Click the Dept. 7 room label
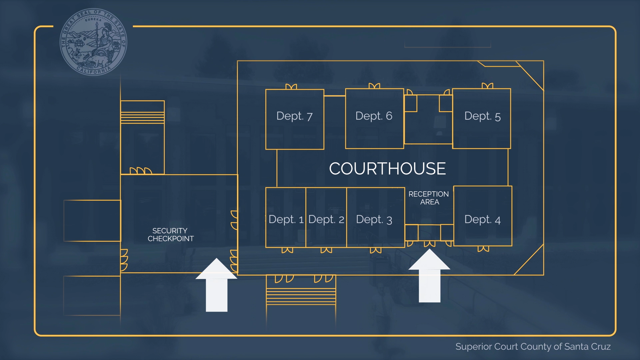[294, 116]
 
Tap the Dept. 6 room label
[374, 116]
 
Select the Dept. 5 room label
[482, 116]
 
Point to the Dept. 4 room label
[482, 219]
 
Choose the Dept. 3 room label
[374, 219]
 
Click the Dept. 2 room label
[326, 219]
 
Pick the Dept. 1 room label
[286, 219]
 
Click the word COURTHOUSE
[387, 169]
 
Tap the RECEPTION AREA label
[429, 198]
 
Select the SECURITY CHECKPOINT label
[170, 235]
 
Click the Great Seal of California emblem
[93, 42]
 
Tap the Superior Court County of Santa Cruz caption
[533, 347]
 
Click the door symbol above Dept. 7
[291, 87]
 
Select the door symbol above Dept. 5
[487, 86]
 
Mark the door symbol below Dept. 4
[483, 249]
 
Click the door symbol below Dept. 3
[376, 250]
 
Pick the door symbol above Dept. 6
[374, 86]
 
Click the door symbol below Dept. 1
[287, 250]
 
